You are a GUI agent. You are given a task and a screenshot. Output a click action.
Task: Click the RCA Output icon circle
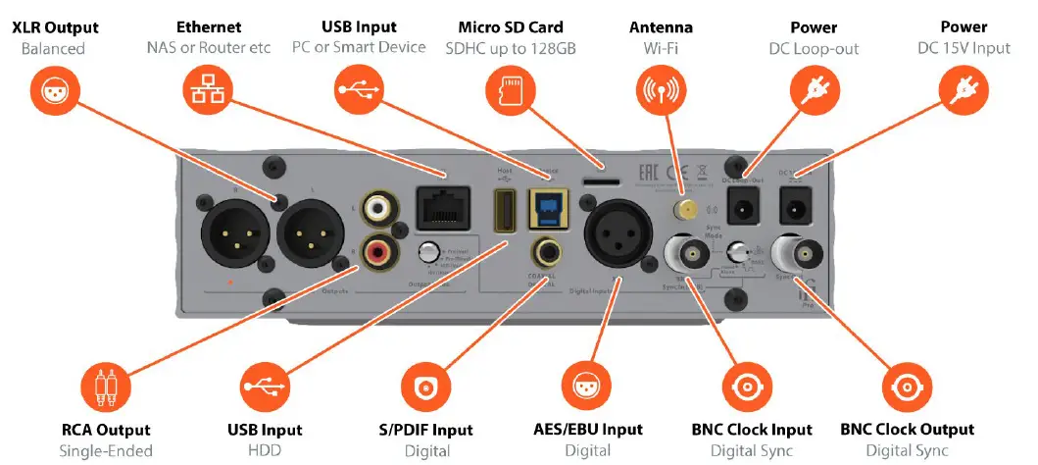pos(104,386)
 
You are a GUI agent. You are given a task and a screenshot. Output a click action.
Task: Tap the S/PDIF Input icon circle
pos(425,386)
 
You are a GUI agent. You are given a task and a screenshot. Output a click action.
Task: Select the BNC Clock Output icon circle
pos(906,386)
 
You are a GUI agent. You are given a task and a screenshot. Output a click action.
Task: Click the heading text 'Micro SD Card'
pos(510,26)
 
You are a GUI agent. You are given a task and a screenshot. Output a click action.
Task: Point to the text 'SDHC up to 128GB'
pos(510,47)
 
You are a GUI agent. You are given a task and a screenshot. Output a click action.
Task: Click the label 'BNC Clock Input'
pos(751,430)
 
